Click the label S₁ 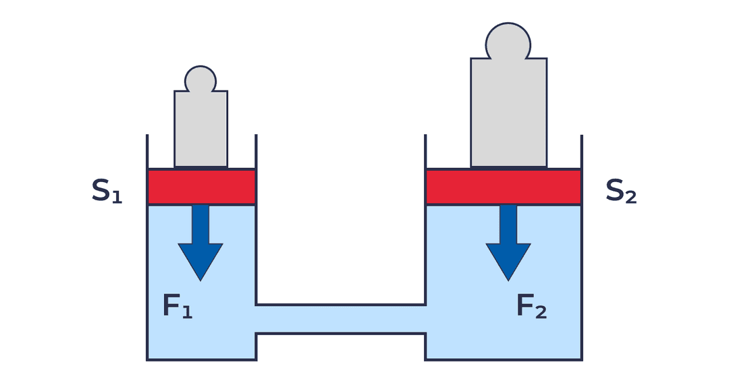[x=107, y=191]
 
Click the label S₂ [x=620, y=191]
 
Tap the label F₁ [x=178, y=306]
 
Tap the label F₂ [x=531, y=306]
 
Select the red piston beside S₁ [x=201, y=187]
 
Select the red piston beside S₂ [x=503, y=187]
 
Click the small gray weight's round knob [x=200, y=79]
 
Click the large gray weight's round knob [x=508, y=42]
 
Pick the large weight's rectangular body [x=508, y=111]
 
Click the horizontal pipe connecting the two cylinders [x=340, y=319]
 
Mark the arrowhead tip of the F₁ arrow [x=200, y=278]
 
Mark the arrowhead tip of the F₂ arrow [x=508, y=278]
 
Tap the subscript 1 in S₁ [x=117, y=197]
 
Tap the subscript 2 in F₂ [x=541, y=312]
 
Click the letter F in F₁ [x=171, y=305]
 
